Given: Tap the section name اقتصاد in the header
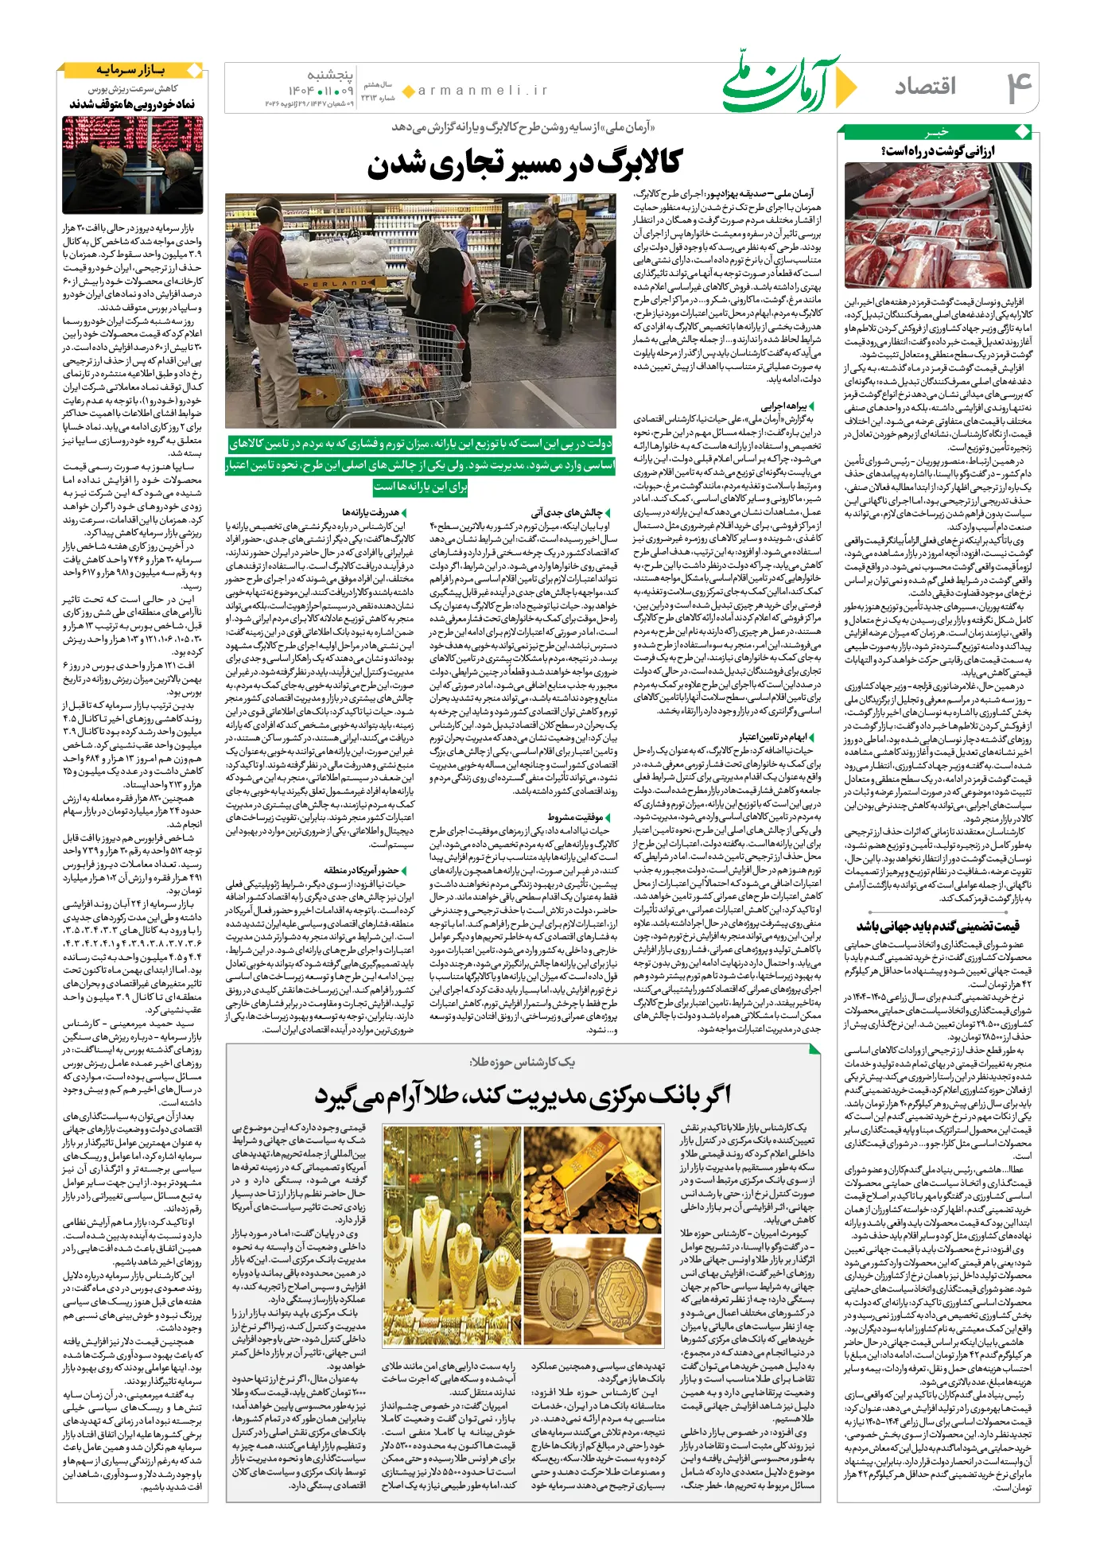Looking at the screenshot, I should pyautogui.click(x=924, y=86).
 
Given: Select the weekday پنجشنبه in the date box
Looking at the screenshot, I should pyautogui.click(x=331, y=74).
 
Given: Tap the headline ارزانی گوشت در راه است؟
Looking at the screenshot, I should pyautogui.click(x=938, y=151).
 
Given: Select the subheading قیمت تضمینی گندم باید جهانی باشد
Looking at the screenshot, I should pyautogui.click(x=938, y=926).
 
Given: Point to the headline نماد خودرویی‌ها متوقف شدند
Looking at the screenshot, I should pyautogui.click(x=132, y=104).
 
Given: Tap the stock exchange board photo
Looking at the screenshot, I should pyautogui.click(x=132, y=165).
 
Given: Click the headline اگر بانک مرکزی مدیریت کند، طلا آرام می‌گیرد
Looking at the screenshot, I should pyautogui.click(x=522, y=1097).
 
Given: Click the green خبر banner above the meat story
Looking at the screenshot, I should pyautogui.click(x=938, y=132).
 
